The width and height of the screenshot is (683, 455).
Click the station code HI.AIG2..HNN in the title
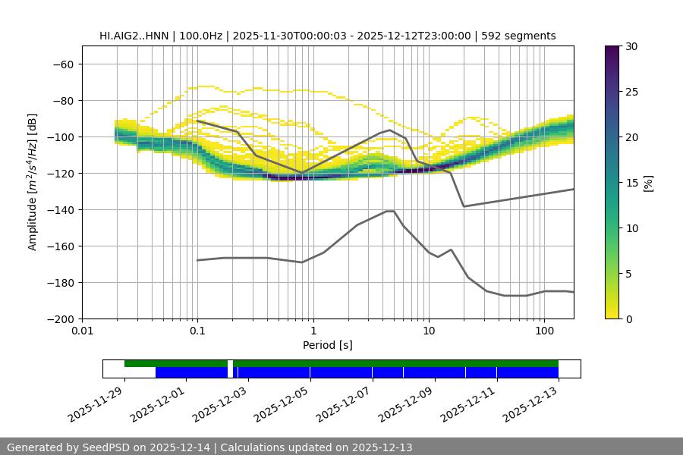tap(135, 36)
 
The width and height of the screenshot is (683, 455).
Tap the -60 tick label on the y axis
tap(63, 64)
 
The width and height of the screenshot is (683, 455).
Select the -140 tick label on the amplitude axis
tap(60, 209)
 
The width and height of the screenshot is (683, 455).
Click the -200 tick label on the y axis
tap(60, 318)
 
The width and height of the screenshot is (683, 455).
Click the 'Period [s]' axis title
tap(328, 346)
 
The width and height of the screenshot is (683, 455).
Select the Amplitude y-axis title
tap(33, 182)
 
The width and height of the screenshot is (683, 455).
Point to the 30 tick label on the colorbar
tap(631, 46)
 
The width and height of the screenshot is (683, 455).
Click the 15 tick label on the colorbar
tap(631, 183)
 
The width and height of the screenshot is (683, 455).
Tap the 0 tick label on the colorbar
tap(628, 318)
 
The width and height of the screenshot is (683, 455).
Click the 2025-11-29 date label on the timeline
tap(97, 403)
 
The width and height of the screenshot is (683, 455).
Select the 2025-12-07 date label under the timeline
tap(345, 403)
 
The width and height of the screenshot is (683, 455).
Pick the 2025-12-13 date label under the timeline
tap(532, 403)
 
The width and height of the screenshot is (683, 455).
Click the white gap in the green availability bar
tap(230, 364)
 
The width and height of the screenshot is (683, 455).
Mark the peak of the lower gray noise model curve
tap(390, 211)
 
